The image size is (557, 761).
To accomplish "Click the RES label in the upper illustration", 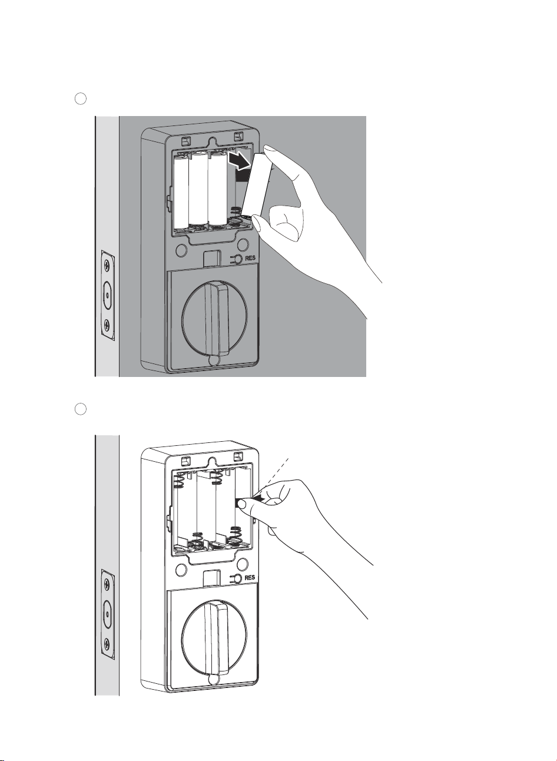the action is click(x=250, y=258).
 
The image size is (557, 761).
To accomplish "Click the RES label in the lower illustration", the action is click(x=250, y=578).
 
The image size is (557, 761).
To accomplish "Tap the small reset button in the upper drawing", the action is click(x=237, y=259).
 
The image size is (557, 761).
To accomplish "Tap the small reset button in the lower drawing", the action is click(x=237, y=578).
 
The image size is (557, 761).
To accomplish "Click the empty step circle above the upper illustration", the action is click(x=81, y=99).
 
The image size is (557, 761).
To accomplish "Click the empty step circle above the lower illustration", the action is click(x=81, y=409).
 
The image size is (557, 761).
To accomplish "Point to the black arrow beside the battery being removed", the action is click(x=240, y=161).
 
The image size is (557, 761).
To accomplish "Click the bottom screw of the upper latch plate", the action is click(x=107, y=325).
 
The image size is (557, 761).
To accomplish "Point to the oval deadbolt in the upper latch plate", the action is click(x=107, y=295).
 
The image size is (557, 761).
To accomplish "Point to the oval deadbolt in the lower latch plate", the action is click(x=107, y=614).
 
